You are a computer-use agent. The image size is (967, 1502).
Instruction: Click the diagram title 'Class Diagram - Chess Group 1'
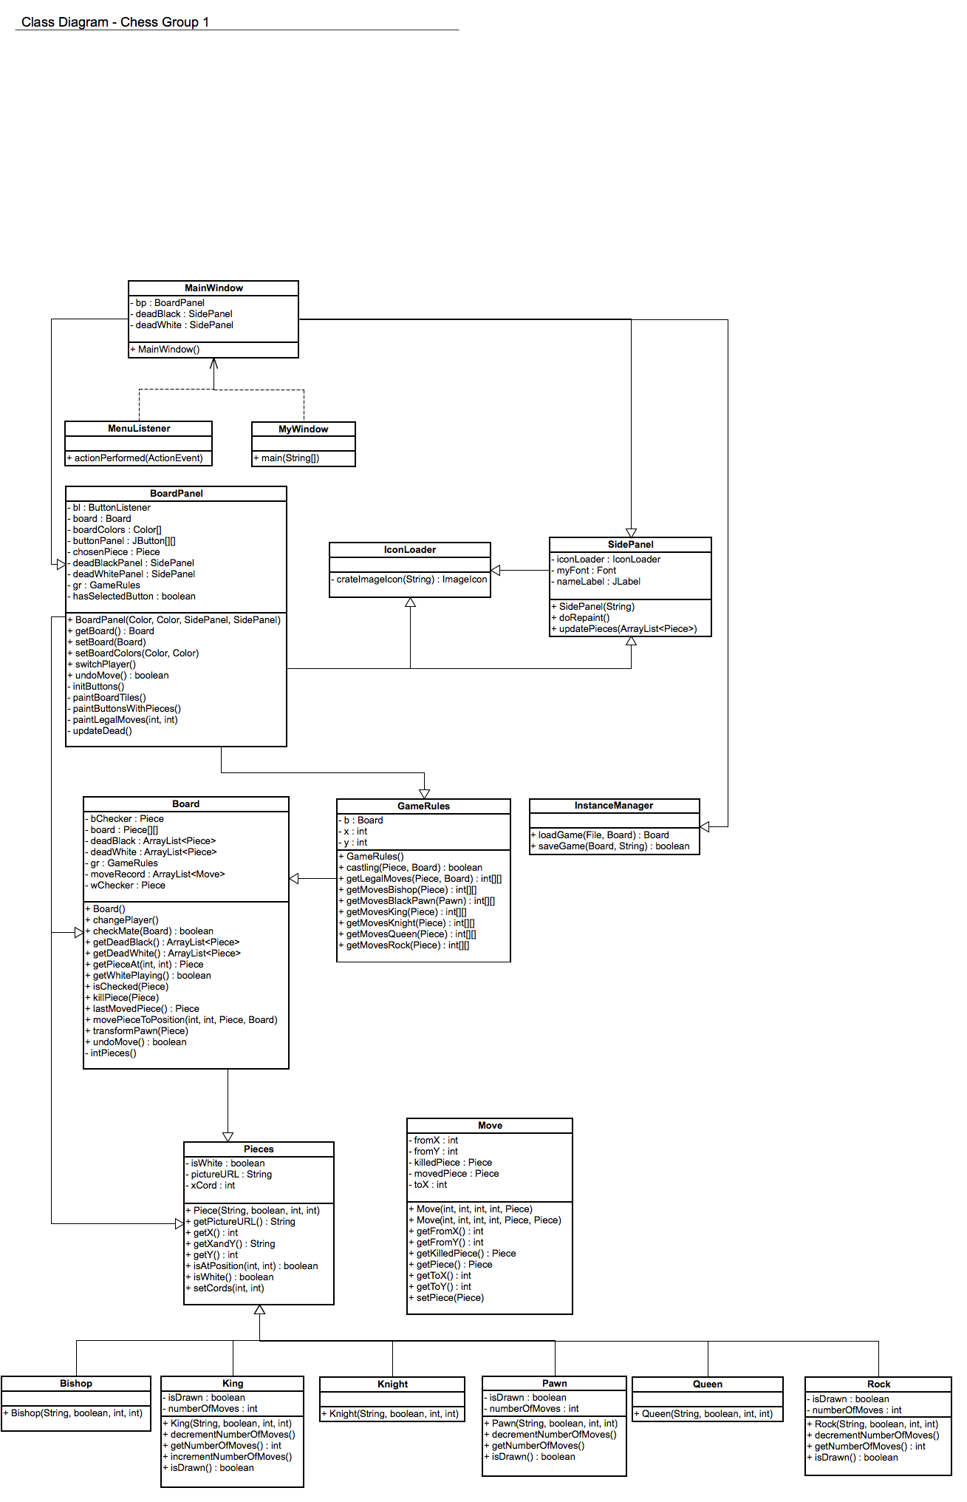coord(115,22)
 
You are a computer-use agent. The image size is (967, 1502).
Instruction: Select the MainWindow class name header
coord(213,288)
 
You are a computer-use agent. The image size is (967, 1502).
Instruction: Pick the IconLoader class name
coord(410,550)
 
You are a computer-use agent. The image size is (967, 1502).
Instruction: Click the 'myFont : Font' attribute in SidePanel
coord(586,571)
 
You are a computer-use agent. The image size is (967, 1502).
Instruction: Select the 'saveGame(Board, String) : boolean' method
coord(613,846)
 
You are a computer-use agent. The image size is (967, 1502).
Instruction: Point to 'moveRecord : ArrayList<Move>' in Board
coord(157,874)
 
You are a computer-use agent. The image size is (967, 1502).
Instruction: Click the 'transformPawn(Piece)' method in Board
coord(140,1031)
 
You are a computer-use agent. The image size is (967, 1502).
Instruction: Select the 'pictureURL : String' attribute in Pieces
coord(231,1175)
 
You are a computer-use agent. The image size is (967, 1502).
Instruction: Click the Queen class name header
coord(708,1384)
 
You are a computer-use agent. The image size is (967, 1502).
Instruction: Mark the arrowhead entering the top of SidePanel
coord(631,533)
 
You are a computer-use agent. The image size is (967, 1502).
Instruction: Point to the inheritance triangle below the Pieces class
coord(259,1310)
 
